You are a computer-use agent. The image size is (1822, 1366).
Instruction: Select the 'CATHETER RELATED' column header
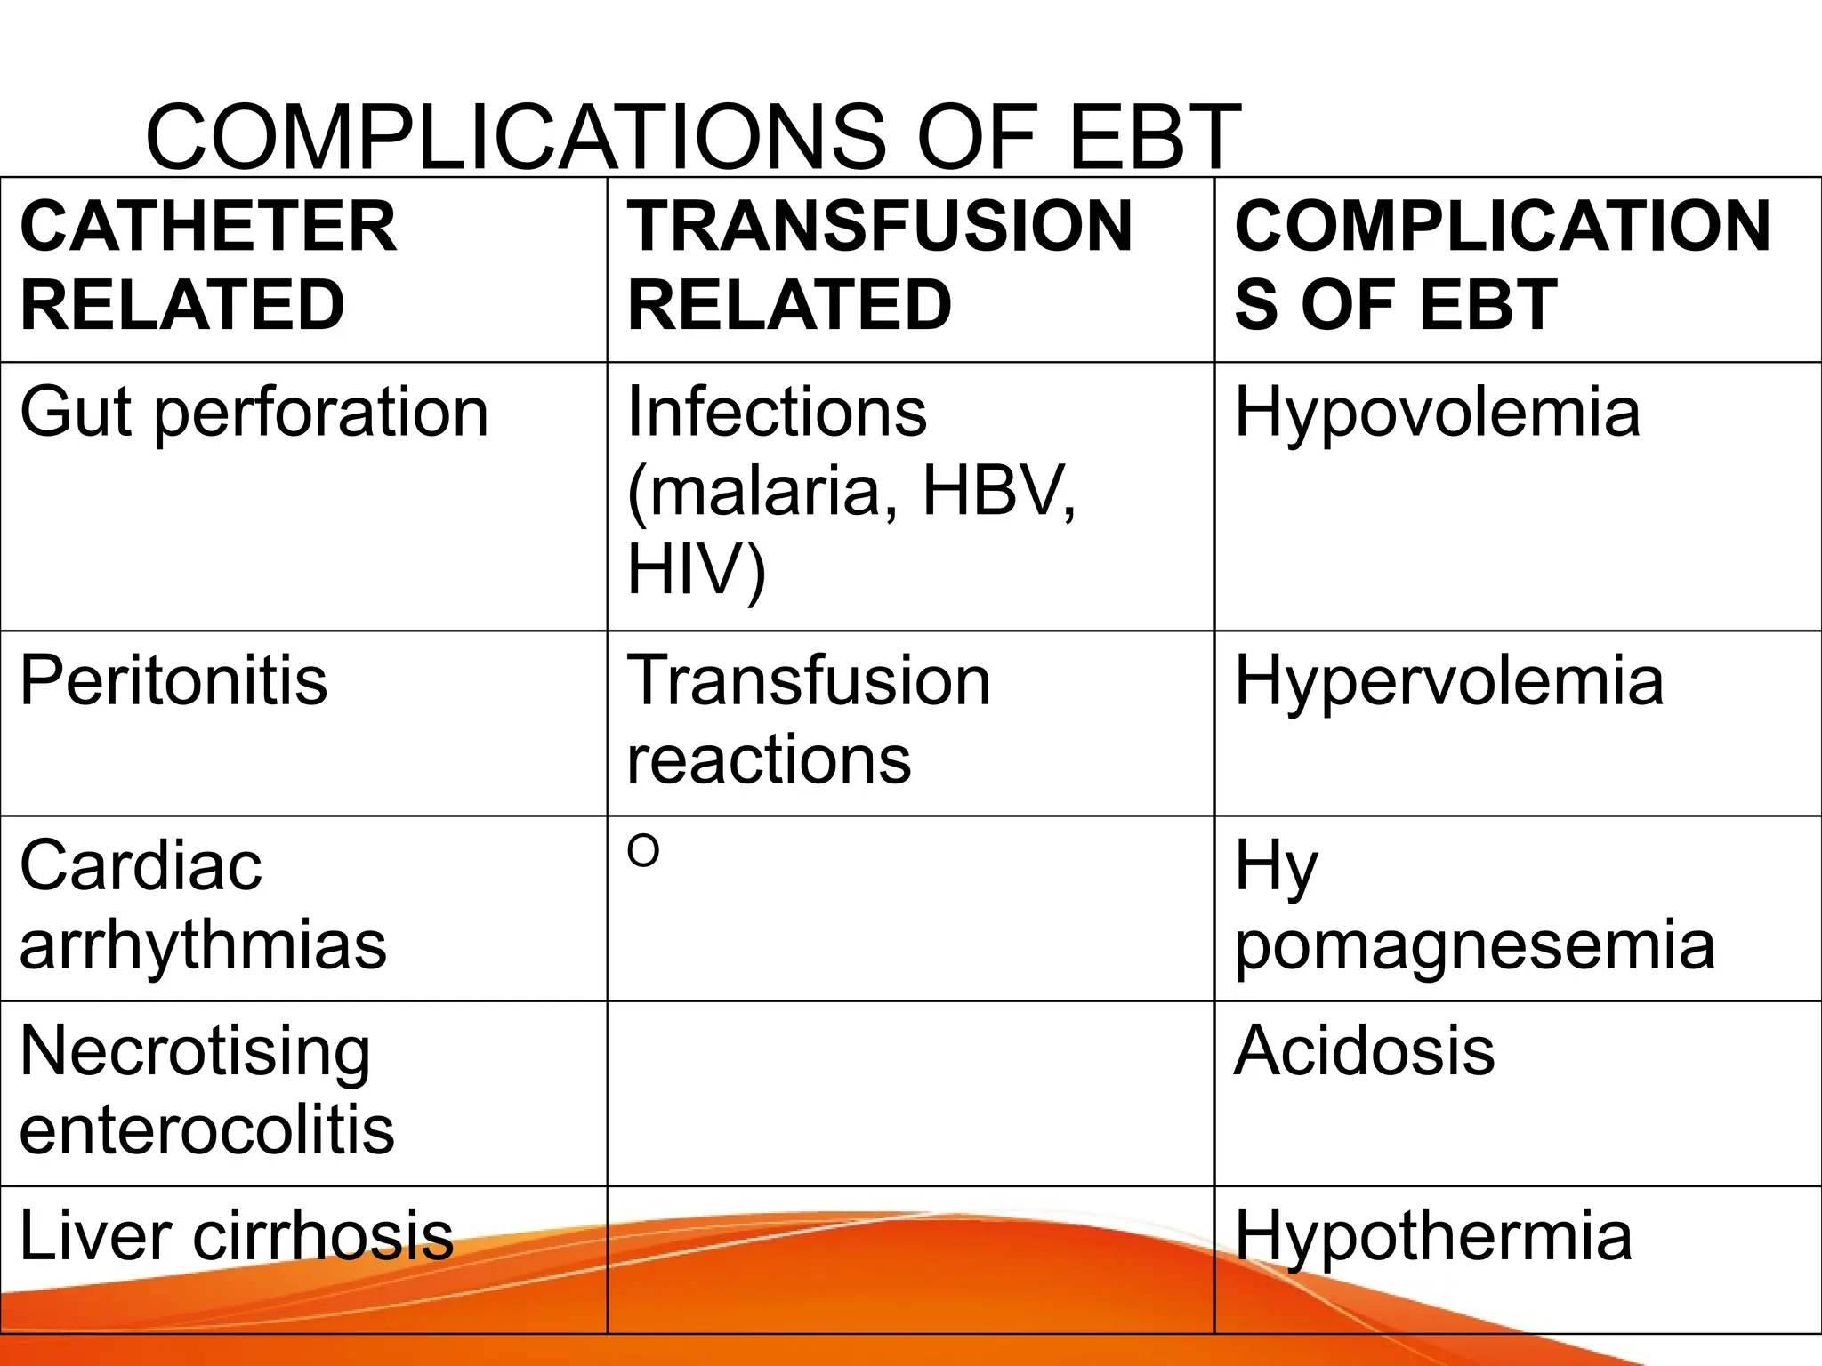pos(208,265)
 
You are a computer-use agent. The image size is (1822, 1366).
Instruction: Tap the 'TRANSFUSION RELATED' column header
pos(879,265)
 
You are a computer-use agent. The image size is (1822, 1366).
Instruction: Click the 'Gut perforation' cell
pos(254,413)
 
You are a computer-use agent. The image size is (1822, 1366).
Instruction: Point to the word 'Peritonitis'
pos(173,681)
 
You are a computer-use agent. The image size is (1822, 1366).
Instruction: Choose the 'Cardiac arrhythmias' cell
pos(203,904)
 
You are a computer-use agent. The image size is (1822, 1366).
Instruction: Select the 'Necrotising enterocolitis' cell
pos(206,1089)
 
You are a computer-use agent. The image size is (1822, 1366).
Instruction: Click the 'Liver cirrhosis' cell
pos(237,1235)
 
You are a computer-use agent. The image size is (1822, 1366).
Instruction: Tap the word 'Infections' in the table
pos(777,413)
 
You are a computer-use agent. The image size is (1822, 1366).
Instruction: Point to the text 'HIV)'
pos(696,569)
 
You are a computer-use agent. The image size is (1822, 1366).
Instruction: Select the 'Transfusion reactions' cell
pos(808,720)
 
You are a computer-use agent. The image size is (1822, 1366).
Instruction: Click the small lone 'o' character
pos(643,851)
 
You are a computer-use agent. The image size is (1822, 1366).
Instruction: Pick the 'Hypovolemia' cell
pos(1437,413)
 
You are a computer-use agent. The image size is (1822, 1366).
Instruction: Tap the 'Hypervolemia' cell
pos(1448,681)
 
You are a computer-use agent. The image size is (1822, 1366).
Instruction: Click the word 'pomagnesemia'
pos(1474,945)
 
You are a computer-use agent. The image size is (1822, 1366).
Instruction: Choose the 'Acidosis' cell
pos(1364,1051)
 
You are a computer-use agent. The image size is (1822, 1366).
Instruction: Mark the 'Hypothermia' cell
pos(1432,1235)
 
